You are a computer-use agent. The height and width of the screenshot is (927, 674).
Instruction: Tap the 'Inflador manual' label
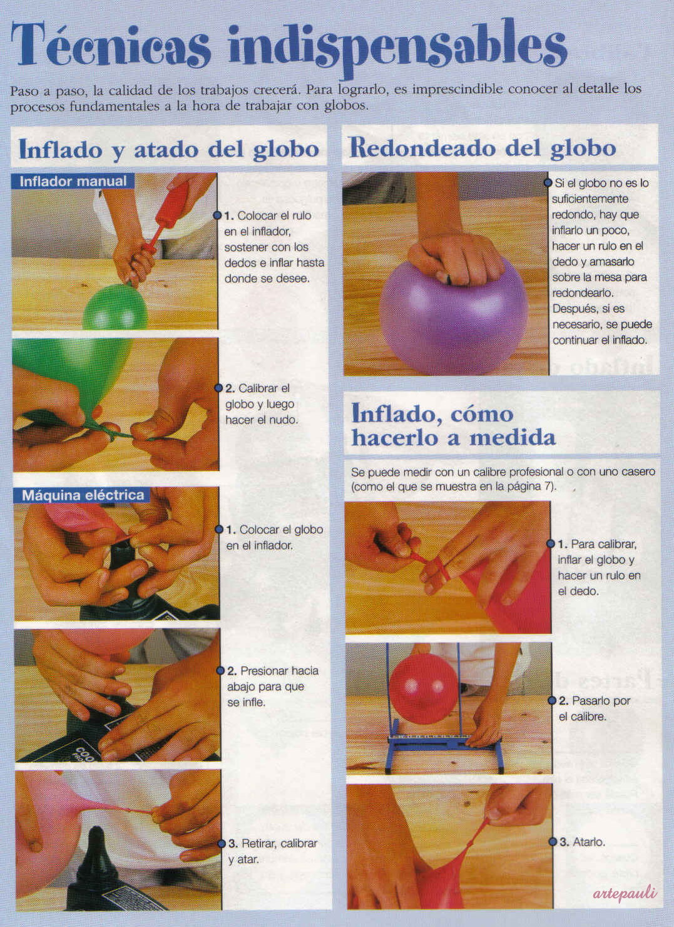click(x=73, y=181)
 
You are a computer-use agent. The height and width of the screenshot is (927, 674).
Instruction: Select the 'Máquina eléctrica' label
click(x=83, y=495)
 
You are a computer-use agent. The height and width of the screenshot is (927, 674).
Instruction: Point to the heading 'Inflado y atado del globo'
click(x=169, y=150)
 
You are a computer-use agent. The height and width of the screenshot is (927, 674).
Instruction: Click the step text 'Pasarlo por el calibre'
click(x=594, y=708)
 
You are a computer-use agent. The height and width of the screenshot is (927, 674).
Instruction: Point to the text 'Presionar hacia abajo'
click(x=273, y=678)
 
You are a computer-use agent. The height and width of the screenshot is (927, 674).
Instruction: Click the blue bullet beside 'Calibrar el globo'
click(x=218, y=388)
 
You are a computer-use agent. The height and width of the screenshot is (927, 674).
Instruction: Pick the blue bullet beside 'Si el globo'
click(x=548, y=182)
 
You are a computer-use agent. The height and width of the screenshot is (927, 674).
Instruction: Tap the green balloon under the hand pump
click(x=115, y=307)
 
